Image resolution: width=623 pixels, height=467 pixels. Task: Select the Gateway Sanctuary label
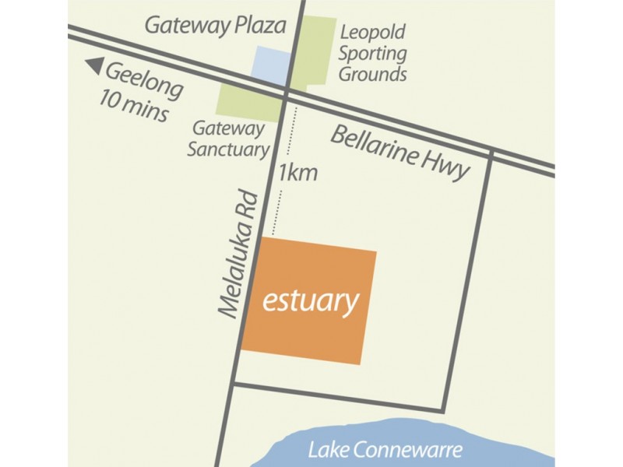(228, 137)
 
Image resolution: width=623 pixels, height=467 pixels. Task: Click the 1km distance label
(297, 172)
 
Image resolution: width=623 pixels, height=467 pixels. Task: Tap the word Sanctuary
(228, 148)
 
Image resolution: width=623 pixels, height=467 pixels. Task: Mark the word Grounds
(379, 75)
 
